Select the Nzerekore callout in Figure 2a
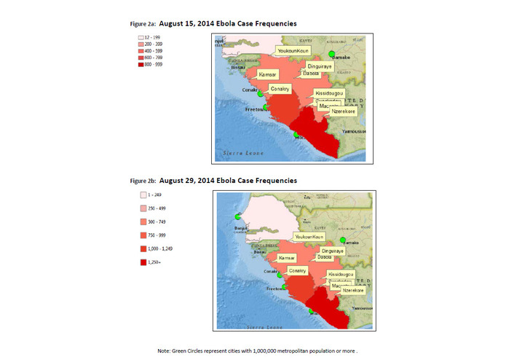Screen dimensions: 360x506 point(342,111)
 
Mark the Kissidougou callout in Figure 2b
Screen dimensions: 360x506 point(341,275)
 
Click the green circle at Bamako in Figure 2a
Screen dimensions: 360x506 point(331,55)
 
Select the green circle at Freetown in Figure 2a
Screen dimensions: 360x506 point(266,108)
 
